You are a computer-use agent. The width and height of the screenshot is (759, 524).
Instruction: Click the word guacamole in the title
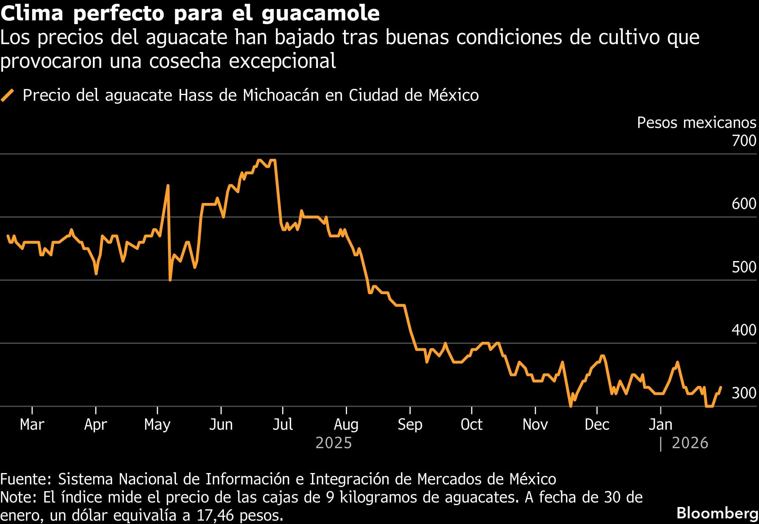coord(320,14)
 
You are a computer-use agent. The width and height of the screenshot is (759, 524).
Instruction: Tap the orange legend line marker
coord(8,95)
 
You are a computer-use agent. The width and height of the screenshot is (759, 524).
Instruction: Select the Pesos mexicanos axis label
coord(696,123)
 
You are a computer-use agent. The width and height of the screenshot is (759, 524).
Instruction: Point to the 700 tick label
coord(744,141)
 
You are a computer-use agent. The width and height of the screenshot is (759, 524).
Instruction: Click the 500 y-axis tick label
coord(744,267)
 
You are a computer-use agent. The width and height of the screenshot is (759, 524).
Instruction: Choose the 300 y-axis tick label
coord(744,393)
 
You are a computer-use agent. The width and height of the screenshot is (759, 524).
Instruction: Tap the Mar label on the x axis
coord(32,424)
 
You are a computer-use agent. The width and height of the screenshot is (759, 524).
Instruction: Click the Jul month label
coord(282,424)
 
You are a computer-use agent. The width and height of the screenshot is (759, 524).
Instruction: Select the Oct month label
coord(471,424)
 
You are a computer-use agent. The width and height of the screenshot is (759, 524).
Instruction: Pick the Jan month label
coord(660,424)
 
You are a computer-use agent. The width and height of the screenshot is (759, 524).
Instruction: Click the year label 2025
coord(333,443)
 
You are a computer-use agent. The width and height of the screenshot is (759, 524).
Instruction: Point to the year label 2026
coord(690,443)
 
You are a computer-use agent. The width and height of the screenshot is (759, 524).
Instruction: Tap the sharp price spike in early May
coord(168,186)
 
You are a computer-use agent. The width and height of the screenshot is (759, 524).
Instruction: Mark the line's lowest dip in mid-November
coord(570,406)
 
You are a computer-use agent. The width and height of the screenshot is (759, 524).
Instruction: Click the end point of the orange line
coord(721,387)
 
